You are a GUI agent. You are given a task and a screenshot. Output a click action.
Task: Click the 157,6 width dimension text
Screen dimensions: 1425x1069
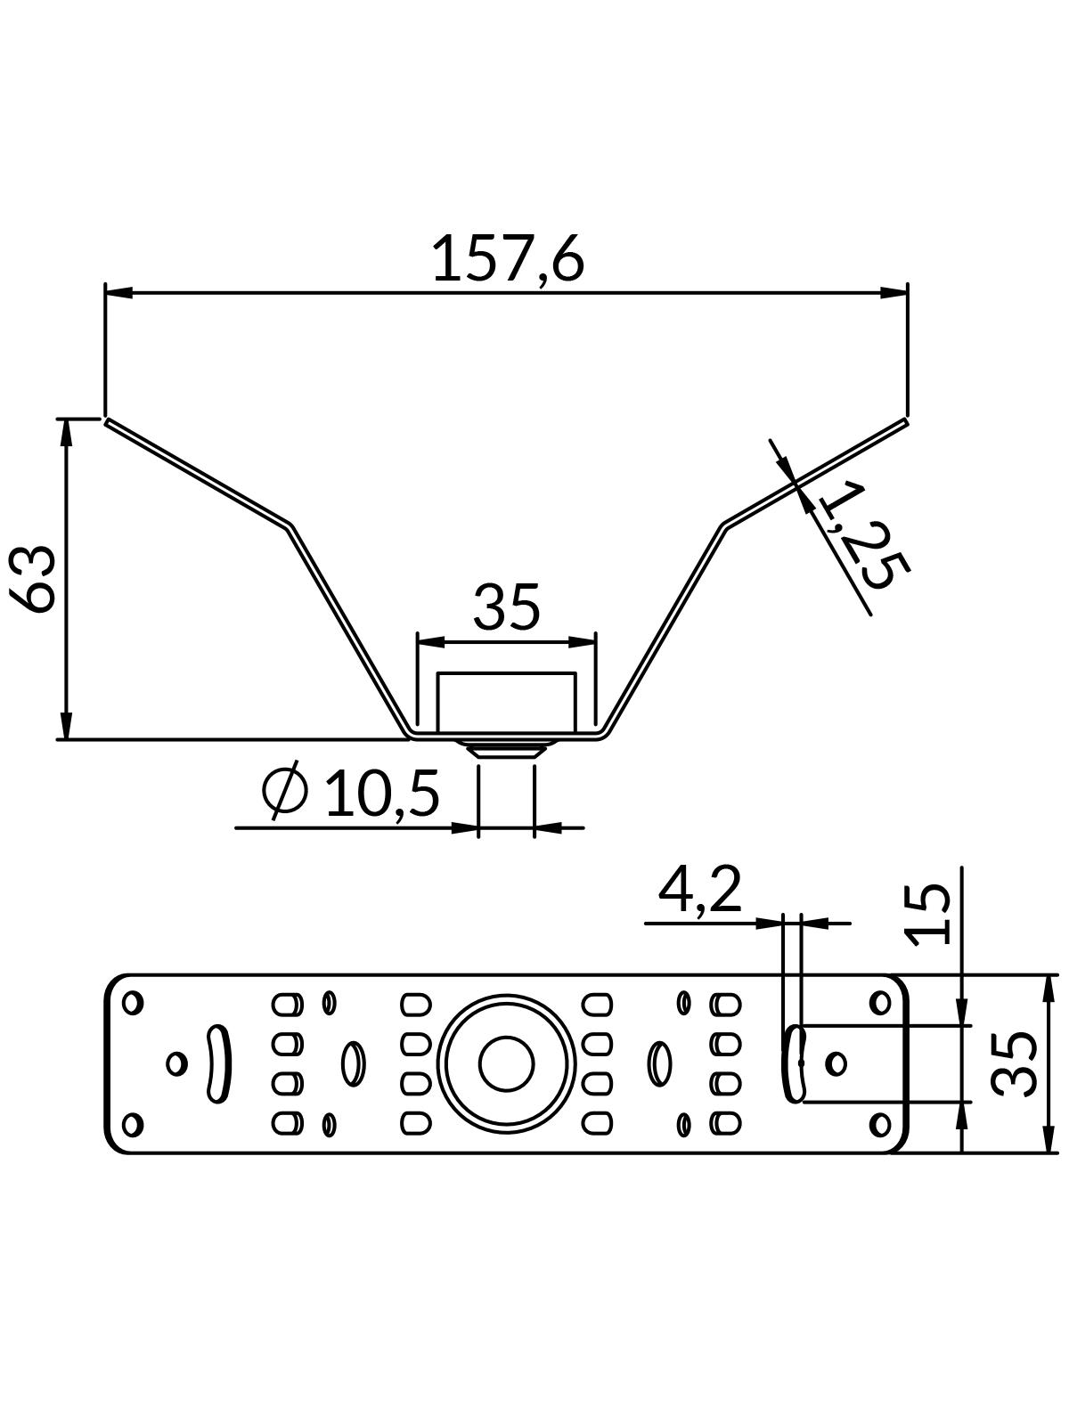pos(508,259)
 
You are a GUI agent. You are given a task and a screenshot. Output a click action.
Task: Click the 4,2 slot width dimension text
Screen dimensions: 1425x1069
pos(699,890)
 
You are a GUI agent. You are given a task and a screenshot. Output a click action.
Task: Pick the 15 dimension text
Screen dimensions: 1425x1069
pos(928,913)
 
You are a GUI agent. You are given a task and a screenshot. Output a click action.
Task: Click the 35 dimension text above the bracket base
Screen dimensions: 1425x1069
pos(506,607)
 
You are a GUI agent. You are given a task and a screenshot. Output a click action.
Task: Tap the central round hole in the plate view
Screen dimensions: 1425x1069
pos(506,1063)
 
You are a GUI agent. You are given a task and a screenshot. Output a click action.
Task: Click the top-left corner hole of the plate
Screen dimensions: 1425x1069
pos(133,1003)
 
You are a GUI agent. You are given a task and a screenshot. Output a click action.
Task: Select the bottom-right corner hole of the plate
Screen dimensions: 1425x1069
pos(880,1124)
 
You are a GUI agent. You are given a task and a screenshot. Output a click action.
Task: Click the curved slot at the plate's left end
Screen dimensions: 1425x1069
pos(216,1063)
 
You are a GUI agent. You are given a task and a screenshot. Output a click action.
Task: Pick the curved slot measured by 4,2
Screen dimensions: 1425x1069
pos(795,1063)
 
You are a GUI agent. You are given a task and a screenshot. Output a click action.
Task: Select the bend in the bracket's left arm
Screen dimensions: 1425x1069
pos(290,525)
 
